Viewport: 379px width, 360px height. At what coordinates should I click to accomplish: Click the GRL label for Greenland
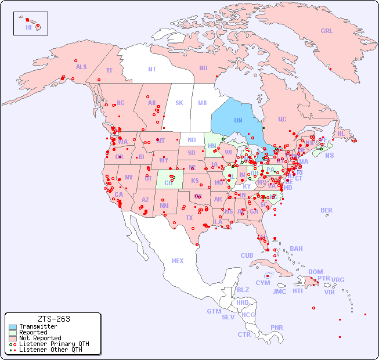[327, 31]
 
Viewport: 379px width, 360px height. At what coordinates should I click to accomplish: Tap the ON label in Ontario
[238, 120]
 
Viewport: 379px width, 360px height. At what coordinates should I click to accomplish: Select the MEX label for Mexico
[178, 261]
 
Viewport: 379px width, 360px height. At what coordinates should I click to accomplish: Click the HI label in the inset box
[28, 27]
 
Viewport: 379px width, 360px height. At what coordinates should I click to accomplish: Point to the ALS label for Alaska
[81, 67]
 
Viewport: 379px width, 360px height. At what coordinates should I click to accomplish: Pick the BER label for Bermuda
[327, 210]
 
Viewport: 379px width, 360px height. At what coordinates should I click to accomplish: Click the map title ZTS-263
[53, 319]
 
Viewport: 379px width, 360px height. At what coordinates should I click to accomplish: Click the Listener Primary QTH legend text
[54, 344]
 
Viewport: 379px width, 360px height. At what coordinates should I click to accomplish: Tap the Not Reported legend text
[40, 338]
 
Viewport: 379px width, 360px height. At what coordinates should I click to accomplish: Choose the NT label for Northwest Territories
[152, 69]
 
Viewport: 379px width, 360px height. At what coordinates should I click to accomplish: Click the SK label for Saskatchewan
[179, 103]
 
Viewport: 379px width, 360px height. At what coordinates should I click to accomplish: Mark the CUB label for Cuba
[247, 255]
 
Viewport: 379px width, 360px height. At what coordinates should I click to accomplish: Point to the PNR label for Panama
[277, 327]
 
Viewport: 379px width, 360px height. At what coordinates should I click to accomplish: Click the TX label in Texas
[189, 218]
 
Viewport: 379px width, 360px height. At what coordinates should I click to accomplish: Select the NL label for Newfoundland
[341, 133]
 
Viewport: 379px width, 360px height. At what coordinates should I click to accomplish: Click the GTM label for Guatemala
[214, 311]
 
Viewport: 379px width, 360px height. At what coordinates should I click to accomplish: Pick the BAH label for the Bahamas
[296, 249]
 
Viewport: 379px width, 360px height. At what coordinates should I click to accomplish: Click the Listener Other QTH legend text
[50, 350]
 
